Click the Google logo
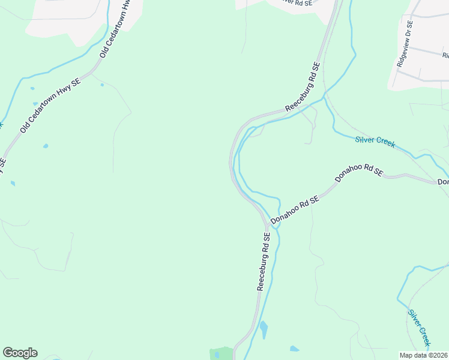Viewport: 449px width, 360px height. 20,353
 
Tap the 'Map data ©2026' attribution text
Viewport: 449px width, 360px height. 424,355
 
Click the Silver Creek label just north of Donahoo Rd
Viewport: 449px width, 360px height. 375,142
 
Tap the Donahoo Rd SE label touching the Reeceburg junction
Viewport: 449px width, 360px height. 295,212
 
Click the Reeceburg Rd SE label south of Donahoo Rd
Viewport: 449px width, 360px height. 264,262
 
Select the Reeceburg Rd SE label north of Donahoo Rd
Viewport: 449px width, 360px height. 303,87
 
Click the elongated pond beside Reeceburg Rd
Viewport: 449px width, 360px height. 264,330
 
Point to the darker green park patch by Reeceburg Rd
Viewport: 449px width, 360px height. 221,353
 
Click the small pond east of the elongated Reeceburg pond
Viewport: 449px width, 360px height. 294,349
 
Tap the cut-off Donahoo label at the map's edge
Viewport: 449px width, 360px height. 443,182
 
